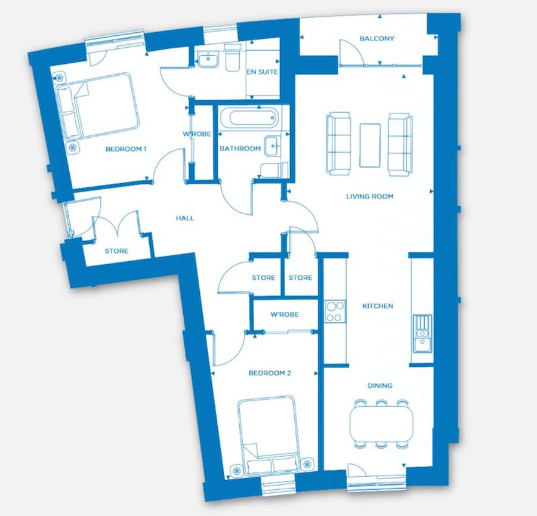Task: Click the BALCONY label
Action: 376,39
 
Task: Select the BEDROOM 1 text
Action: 126,149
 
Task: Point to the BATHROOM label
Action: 240,149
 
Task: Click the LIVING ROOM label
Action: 370,196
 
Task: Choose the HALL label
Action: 185,218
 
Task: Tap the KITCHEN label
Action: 378,306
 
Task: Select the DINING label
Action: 379,386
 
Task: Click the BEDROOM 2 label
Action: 270,373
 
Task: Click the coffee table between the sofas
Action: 370,145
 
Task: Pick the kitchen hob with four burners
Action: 335,311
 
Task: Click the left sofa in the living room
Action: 338,143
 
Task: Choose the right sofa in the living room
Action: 400,143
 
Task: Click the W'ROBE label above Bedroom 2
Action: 284,315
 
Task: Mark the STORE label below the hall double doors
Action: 116,251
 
